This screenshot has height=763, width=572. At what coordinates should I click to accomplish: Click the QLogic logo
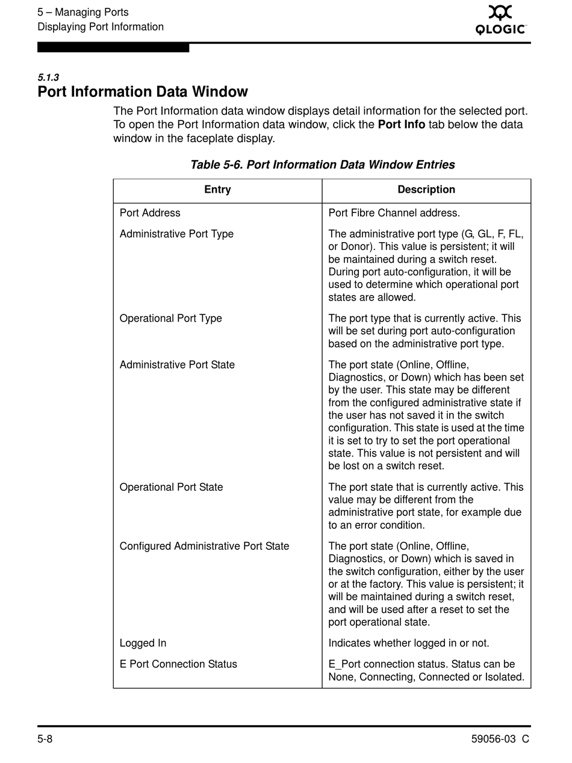point(500,20)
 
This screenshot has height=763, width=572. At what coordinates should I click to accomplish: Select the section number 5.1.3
point(48,78)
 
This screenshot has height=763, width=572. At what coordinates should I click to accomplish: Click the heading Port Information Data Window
point(143,92)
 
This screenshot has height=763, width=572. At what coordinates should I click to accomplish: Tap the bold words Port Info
point(402,125)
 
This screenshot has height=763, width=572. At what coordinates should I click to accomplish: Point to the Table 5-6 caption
point(322,165)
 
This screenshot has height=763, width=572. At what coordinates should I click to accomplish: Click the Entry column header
point(217,190)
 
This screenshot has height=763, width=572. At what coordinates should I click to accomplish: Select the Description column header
point(426,190)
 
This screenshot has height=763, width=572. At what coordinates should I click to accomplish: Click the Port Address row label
point(150,213)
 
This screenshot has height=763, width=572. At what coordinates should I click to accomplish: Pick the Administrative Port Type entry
point(176,234)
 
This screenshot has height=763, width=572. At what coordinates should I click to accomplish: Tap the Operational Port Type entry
point(170,319)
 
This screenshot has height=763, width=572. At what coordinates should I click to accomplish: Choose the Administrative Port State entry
point(177,365)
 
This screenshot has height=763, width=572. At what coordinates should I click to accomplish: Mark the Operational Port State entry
point(171,487)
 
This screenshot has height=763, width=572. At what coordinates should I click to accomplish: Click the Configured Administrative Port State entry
point(204,546)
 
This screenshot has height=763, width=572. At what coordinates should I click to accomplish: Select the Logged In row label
point(143,643)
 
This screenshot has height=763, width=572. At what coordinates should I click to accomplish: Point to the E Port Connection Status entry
point(178,664)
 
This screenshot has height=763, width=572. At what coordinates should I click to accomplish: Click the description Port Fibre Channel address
point(394,213)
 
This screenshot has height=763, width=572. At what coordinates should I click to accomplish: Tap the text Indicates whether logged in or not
point(409,643)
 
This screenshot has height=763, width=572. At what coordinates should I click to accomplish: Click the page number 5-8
point(45,740)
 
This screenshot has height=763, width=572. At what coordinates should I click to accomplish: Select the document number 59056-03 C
point(500,740)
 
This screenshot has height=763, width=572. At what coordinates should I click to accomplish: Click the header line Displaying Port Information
point(101,27)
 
